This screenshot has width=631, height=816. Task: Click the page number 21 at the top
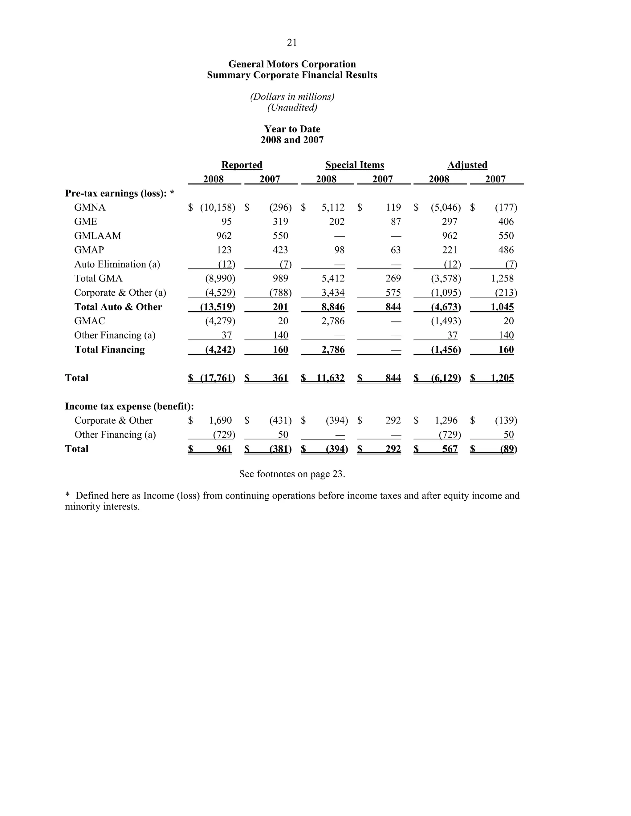coord(292,42)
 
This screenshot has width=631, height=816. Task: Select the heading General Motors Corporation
coord(292,64)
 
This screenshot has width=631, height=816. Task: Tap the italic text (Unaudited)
coord(292,107)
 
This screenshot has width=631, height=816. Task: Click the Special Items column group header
coord(354,165)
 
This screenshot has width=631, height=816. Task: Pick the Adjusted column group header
coord(467,165)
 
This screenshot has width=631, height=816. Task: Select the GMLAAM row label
coord(98,236)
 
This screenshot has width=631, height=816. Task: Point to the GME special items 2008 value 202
coord(336,222)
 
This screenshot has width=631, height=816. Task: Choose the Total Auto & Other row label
coord(118,307)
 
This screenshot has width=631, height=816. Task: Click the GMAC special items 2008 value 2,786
coord(333,321)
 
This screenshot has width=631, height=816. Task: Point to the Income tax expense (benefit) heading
coord(129,406)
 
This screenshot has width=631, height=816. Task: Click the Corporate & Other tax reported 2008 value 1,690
coord(220,420)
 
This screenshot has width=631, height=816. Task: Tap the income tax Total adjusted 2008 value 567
coord(450,449)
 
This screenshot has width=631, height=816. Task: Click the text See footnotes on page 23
coord(292,474)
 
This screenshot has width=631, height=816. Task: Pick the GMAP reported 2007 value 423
coord(280,250)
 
